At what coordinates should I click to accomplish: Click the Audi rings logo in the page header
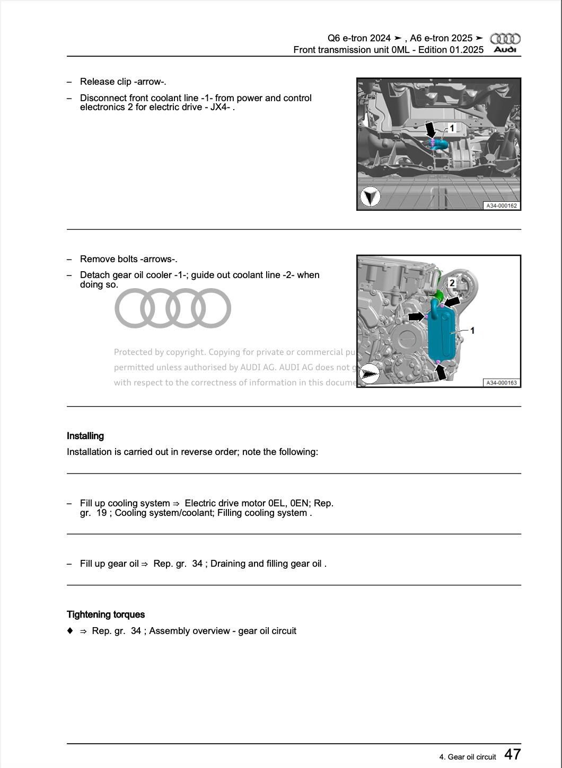tap(505, 38)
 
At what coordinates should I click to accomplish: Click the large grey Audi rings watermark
tap(173, 308)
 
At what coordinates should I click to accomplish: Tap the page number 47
tap(512, 754)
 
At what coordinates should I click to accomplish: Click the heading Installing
tap(85, 436)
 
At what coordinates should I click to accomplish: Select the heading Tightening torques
tap(106, 614)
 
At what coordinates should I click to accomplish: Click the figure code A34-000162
tap(501, 206)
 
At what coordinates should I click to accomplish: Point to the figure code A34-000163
tap(501, 382)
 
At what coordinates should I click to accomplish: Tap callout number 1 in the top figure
tap(452, 128)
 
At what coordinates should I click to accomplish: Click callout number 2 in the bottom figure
tap(452, 283)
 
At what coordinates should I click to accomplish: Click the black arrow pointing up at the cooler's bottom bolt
tap(441, 372)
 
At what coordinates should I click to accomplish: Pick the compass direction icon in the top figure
tap(370, 197)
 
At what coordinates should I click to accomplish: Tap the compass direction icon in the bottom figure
tap(369, 374)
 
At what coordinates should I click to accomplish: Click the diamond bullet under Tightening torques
tap(70, 631)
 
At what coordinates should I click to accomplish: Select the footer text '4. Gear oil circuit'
tap(467, 757)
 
